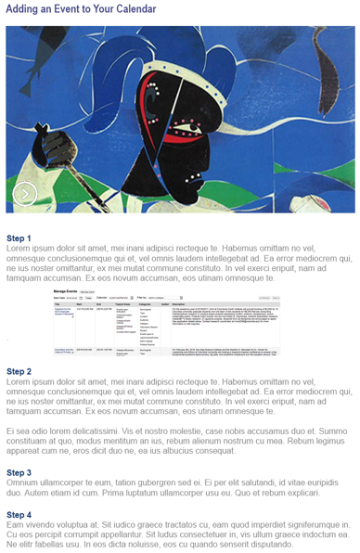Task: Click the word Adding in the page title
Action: [x=28, y=8]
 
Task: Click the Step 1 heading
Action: [x=19, y=238]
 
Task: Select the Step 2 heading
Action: [x=19, y=371]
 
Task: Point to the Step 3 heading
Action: [x=19, y=472]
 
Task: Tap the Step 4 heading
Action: [x=19, y=514]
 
